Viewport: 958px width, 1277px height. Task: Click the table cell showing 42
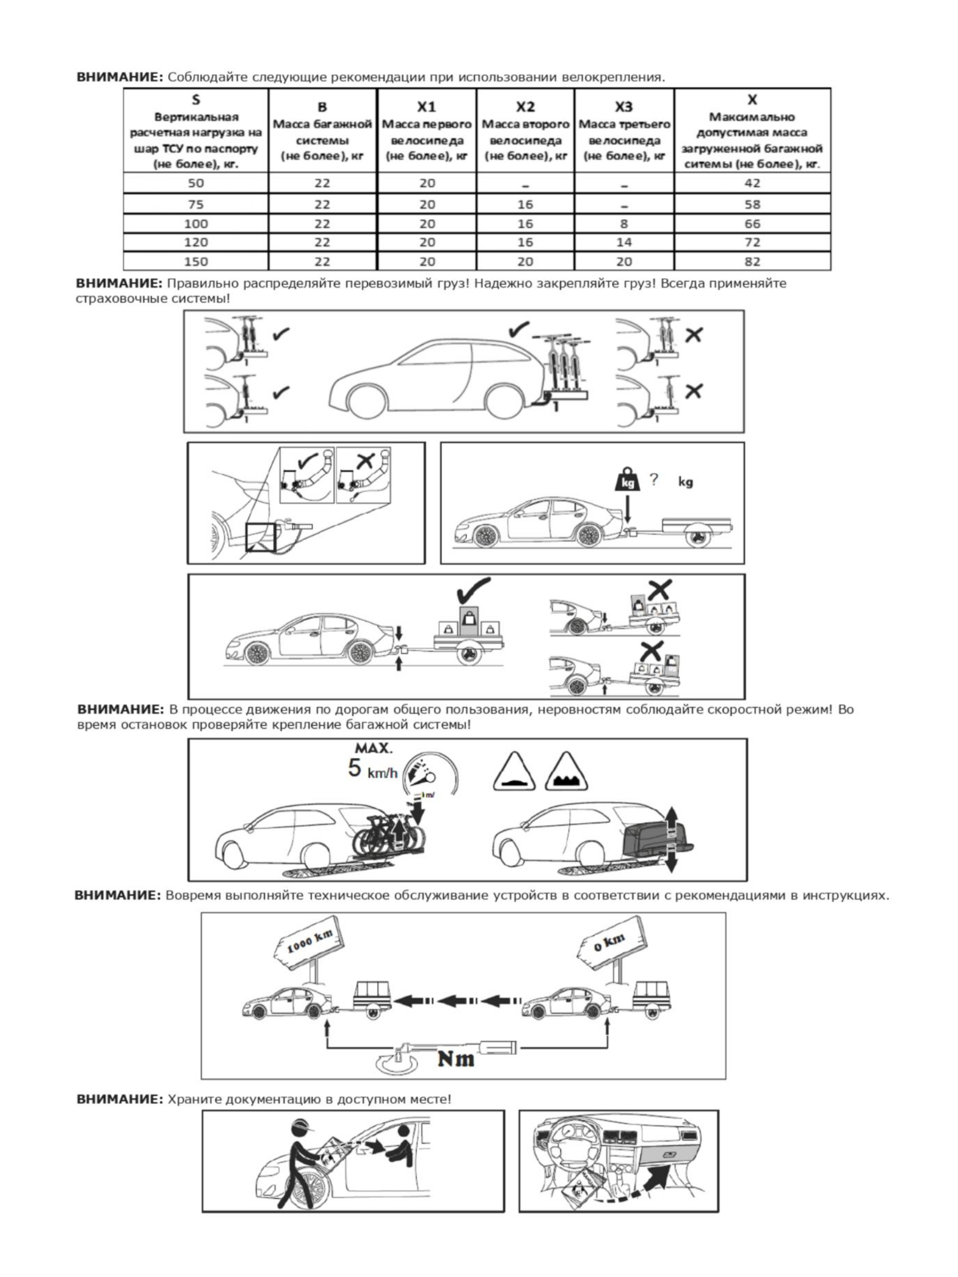752,183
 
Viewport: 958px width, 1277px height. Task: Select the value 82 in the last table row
752,262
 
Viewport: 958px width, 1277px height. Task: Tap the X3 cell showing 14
624,243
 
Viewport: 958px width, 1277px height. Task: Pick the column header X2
525,107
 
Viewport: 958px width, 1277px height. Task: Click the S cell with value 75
195,204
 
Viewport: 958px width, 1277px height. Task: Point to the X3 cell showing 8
624,223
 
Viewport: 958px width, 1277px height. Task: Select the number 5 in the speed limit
354,768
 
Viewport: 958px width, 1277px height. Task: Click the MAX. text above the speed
374,749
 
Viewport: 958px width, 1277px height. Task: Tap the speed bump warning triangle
514,773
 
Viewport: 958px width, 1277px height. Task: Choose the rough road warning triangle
566,773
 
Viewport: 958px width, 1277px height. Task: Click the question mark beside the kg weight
653,479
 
